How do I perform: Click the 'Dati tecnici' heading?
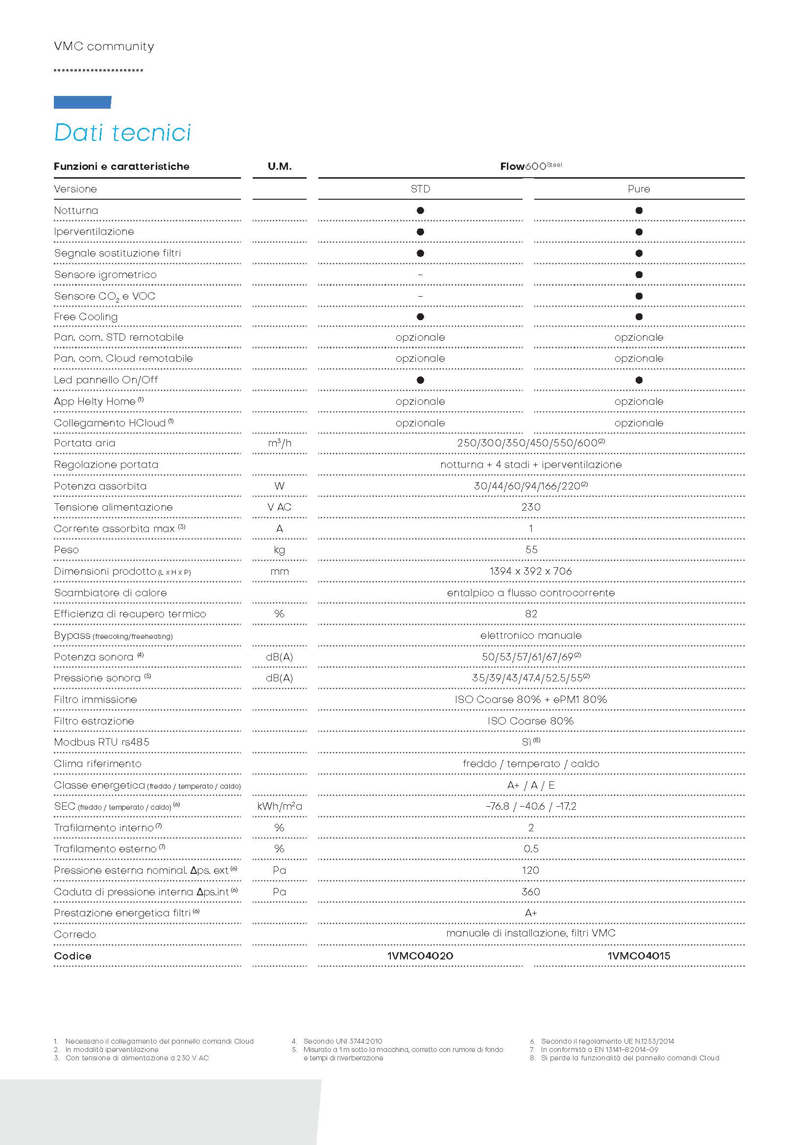tap(122, 133)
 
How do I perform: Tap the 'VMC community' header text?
tap(104, 47)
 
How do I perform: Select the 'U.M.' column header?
tap(279, 166)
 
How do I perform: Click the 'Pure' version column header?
tap(639, 189)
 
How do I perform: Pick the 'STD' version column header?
tap(420, 189)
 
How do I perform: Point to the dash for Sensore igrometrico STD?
tap(420, 275)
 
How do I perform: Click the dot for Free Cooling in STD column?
tap(420, 317)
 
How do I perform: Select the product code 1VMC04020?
tap(420, 956)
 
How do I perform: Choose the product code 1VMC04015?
tap(639, 956)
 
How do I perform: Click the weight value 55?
tap(531, 550)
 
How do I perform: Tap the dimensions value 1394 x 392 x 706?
tap(531, 571)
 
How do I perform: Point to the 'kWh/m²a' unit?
tap(279, 806)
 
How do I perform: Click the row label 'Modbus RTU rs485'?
tap(102, 742)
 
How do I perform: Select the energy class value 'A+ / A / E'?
tap(531, 785)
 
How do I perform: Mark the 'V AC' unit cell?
tap(279, 507)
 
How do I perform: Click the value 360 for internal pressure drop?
tap(531, 891)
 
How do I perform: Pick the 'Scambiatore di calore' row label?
tap(110, 593)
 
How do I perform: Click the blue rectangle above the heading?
tap(82, 102)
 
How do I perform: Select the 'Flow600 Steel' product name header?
tap(531, 166)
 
